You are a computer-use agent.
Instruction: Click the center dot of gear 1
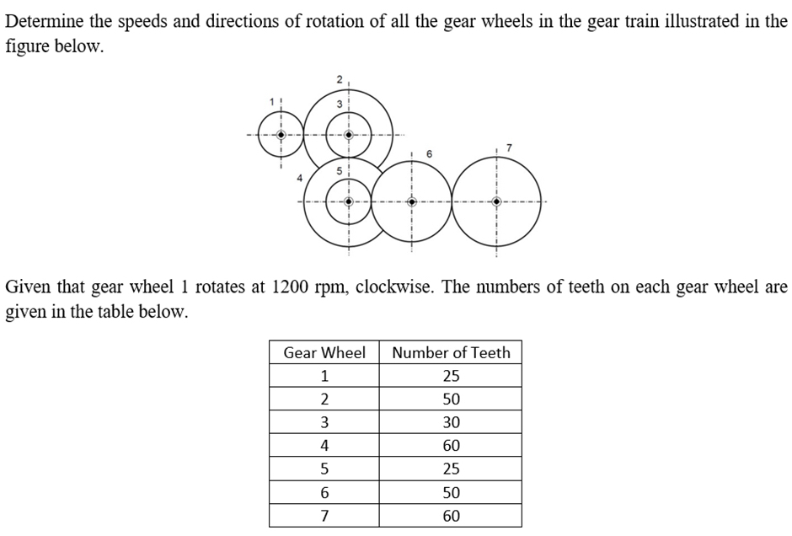coord(282,134)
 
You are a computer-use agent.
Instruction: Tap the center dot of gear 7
coord(496,201)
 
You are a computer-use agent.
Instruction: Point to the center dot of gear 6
coord(411,201)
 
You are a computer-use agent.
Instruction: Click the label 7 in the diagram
coord(509,148)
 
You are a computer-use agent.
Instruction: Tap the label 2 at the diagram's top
coord(339,78)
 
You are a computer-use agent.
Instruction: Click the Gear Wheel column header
coord(324,352)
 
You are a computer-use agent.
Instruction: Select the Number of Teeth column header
coord(451,352)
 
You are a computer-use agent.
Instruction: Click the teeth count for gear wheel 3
coord(451,422)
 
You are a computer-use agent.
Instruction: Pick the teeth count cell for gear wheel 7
coord(451,516)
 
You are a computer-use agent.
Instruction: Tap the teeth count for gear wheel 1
coord(451,376)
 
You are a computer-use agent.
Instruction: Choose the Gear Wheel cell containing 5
coord(324,469)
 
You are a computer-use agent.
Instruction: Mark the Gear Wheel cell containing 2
coord(324,399)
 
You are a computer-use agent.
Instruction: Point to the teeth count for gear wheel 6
coord(451,492)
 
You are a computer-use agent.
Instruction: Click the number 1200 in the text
coord(290,287)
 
